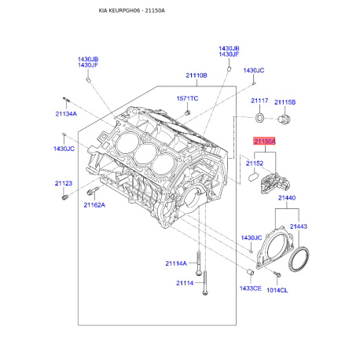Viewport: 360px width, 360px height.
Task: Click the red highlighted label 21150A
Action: pyautogui.click(x=265, y=141)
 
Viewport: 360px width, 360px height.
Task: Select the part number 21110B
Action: pyautogui.click(x=197, y=75)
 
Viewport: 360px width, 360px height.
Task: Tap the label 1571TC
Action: pyautogui.click(x=187, y=98)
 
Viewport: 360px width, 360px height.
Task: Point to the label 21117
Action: pyautogui.click(x=259, y=101)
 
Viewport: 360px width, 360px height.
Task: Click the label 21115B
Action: pyautogui.click(x=285, y=102)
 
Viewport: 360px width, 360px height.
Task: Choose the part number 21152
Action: pyautogui.click(x=254, y=163)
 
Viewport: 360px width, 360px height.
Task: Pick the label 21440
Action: pyautogui.click(x=287, y=198)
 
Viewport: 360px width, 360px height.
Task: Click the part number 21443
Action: pyautogui.click(x=299, y=226)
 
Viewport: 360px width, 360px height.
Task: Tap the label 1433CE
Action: pyautogui.click(x=251, y=288)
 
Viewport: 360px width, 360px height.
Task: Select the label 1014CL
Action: pyautogui.click(x=277, y=290)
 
